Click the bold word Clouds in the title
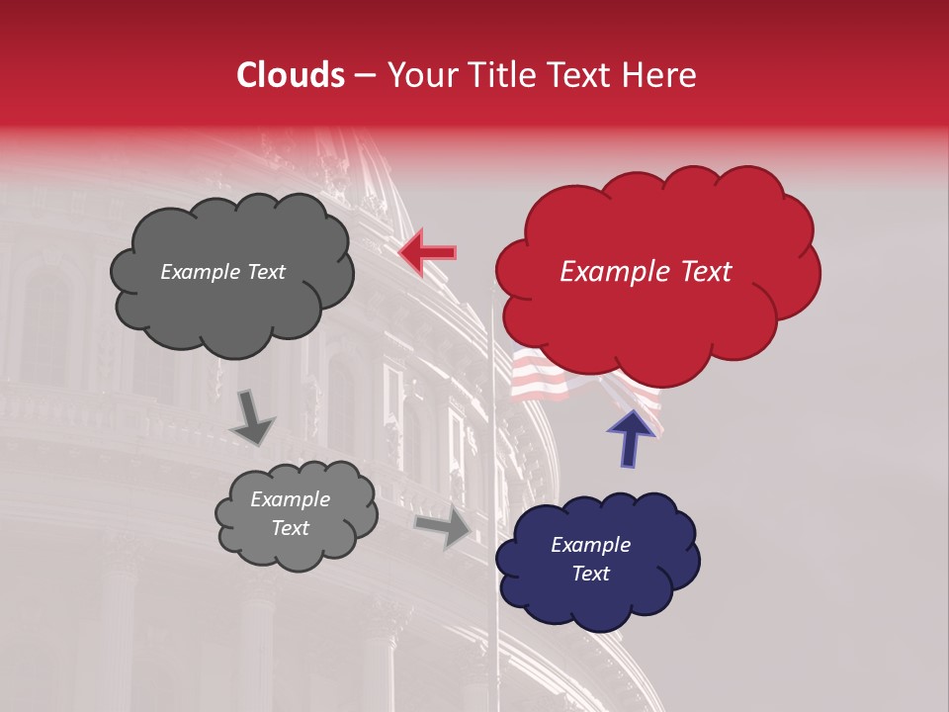point(291,75)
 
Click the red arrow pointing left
point(427,252)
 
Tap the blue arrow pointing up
point(631,438)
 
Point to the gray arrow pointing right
point(443,526)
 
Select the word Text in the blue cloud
point(590,574)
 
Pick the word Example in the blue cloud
point(590,545)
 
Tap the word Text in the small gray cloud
point(290,528)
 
